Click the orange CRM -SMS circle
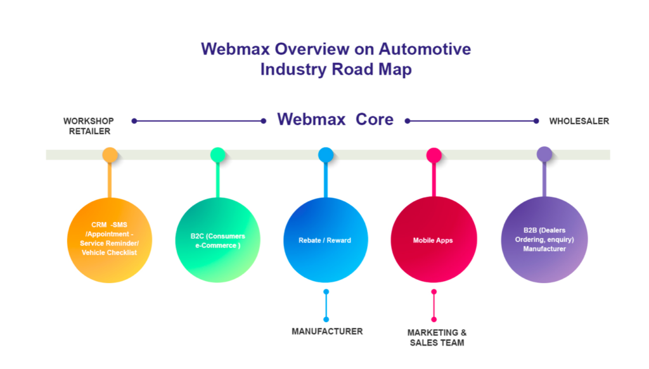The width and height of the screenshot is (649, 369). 110,240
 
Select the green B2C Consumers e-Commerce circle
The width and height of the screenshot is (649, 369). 217,240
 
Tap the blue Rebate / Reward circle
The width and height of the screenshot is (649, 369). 325,240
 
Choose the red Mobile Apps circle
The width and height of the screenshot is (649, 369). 434,240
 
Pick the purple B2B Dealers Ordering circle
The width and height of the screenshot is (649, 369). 544,240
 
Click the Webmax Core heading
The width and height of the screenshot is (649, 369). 335,119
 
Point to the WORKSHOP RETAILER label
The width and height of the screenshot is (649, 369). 88,126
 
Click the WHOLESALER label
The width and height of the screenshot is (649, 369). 579,121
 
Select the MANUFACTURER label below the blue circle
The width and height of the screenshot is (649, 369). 327,331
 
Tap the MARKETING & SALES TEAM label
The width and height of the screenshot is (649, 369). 437,337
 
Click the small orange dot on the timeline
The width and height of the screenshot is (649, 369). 110,154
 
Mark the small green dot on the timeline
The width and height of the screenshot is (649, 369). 217,154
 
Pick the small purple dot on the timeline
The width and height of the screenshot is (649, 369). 544,154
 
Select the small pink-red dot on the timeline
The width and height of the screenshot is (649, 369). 434,154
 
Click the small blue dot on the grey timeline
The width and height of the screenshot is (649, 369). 325,154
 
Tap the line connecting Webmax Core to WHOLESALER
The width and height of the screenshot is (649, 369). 472,121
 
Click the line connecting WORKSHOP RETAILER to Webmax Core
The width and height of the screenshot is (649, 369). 199,121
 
